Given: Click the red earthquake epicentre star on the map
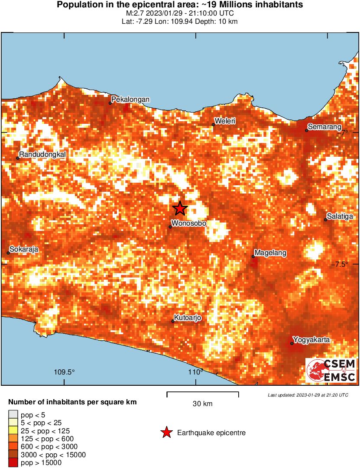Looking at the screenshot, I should tap(180, 208).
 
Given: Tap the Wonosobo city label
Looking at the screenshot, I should tap(188, 224).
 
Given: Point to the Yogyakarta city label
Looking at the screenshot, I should tap(311, 339).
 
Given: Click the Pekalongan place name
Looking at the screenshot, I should tap(130, 100).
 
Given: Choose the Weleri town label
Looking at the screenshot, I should tap(225, 121).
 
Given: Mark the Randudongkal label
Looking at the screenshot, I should tap(42, 155).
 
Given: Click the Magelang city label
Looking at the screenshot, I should tap(270, 253).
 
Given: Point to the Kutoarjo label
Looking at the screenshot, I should tap(188, 318).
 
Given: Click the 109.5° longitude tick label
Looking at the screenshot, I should tap(64, 372).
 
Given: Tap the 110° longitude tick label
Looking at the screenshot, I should tap(195, 372).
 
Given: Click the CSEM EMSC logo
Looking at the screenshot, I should tap(331, 371).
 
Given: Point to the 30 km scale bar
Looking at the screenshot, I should tap(203, 394).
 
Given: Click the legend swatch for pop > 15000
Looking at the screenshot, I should tap(13, 463).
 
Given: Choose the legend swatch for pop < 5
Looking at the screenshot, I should tap(13, 415).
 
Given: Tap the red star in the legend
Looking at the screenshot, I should tap(165, 432).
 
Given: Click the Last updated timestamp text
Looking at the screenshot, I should tap(308, 395).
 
